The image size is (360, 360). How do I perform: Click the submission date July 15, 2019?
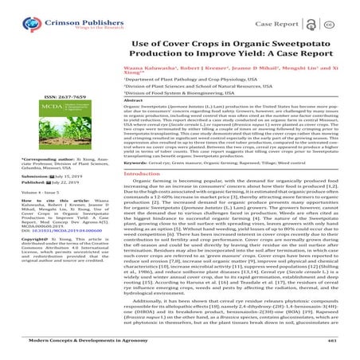(x=55, y=198)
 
